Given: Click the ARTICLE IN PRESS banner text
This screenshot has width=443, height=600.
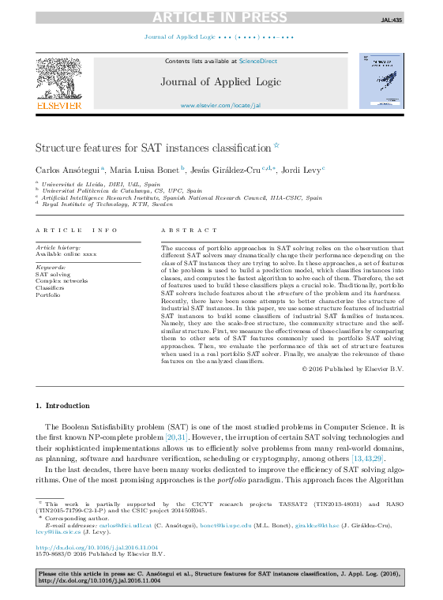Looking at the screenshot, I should coord(221,17).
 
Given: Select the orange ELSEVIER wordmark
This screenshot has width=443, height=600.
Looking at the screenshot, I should coord(58,106).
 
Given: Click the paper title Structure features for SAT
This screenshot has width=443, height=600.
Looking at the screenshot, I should coord(153,148).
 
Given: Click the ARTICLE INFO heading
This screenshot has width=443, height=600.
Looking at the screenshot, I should coord(72,230).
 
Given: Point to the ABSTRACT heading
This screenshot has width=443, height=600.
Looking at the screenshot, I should coord(189,230).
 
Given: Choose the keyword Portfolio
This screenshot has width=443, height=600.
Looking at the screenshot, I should coord(48,294).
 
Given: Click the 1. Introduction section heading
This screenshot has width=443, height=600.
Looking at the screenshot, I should coord(63,406).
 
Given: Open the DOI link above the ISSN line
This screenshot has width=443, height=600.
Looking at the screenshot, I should coord(96,546).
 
